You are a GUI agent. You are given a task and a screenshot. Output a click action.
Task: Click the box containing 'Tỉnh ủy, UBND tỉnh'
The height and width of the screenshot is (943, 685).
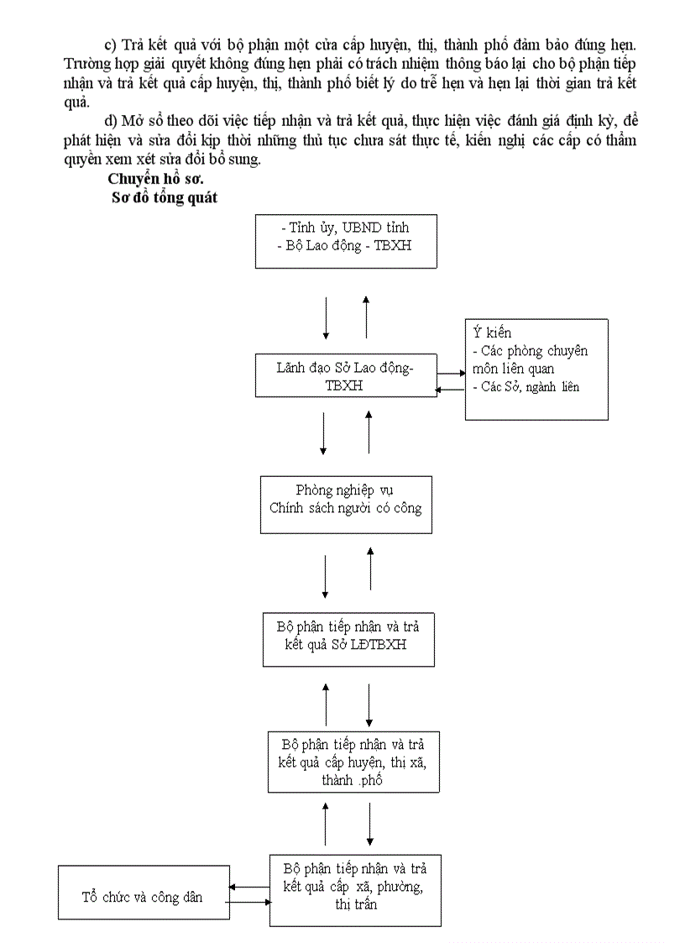point(346,240)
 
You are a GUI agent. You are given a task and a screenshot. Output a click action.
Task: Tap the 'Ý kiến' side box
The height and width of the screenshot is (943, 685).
point(536,369)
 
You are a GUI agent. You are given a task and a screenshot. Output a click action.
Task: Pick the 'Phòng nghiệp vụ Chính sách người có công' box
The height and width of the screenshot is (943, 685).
point(346,504)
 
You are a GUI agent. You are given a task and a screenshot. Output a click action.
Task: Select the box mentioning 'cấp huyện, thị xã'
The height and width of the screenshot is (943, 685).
point(352,762)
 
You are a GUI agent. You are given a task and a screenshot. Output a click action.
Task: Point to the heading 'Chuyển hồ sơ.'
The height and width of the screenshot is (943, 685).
point(155,178)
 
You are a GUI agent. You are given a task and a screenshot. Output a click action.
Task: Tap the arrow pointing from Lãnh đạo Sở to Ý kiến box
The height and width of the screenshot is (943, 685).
point(450,373)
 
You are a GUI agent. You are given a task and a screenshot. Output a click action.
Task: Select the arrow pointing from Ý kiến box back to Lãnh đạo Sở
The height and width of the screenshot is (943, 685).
point(450,390)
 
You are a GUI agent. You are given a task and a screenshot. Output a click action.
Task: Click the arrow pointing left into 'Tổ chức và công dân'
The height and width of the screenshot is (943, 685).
point(249,887)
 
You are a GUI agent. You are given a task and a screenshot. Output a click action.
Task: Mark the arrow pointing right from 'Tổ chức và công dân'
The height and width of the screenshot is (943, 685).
point(249,903)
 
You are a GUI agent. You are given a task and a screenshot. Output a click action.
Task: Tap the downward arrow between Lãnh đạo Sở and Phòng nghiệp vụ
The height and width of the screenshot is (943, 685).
point(324,432)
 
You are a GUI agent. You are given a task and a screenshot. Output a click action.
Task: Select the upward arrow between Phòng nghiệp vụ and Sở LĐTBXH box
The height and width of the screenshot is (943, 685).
point(370,568)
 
